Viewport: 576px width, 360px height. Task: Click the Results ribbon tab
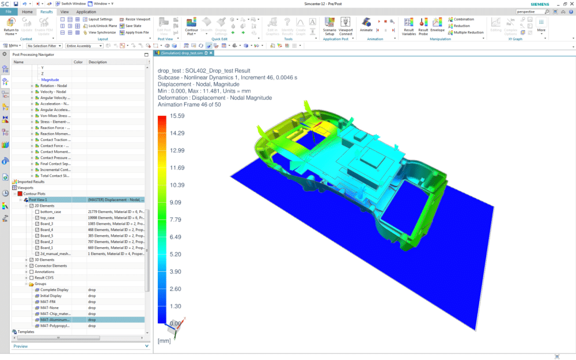pos(47,12)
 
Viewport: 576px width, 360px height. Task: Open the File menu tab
pos(8,12)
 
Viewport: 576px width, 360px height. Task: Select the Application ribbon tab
pos(86,12)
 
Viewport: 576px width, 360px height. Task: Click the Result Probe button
pos(423,26)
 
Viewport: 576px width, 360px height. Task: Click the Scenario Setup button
pos(329,26)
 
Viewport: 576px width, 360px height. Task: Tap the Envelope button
pos(437,26)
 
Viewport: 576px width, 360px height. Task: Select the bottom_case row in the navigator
pos(51,211)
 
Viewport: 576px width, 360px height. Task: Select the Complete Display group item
pos(54,290)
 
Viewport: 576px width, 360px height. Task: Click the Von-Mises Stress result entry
pos(55,122)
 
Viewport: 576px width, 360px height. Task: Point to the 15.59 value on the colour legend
pos(177,116)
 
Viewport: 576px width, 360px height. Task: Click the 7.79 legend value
pos(176,219)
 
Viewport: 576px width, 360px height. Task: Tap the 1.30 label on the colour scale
pos(176,306)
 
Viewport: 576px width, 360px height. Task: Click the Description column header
pos(98,62)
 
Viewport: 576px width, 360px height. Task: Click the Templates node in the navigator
pos(26,332)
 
